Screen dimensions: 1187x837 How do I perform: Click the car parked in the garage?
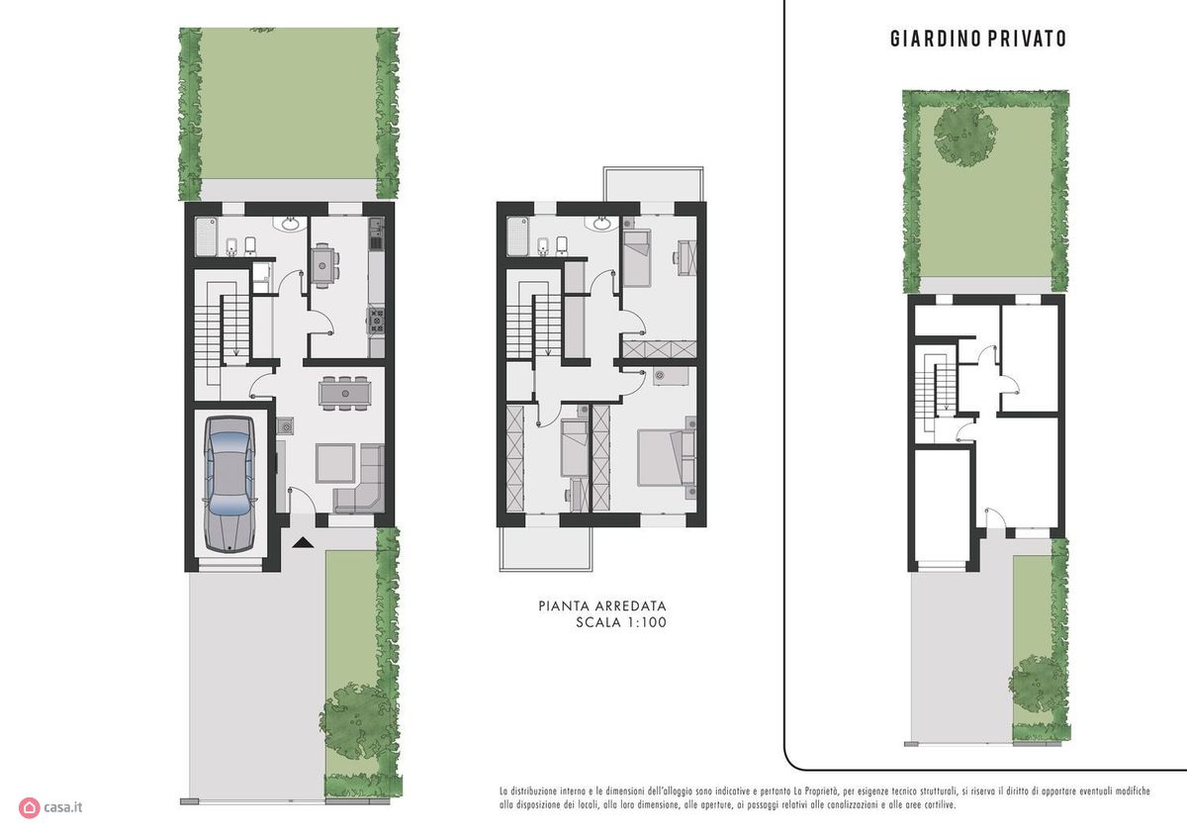point(229,484)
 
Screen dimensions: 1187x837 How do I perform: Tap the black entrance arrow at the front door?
point(304,542)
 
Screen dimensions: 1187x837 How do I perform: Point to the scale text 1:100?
point(647,622)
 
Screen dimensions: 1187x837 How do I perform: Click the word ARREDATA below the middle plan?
point(631,605)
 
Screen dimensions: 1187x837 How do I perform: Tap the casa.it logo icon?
point(29,808)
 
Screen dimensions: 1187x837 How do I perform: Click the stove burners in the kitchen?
point(377,321)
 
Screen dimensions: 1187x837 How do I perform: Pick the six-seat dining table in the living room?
point(344,394)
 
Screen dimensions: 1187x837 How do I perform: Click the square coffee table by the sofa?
point(335,463)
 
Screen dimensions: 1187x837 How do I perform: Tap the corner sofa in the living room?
point(361,481)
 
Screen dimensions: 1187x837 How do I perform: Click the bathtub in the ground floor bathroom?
point(206,236)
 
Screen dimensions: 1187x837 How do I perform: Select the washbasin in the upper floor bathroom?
point(602,224)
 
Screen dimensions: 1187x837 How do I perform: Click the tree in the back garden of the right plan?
point(965,136)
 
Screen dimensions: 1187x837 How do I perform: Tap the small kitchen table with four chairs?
point(324,265)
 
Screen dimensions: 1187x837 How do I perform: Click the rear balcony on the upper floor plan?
point(654,184)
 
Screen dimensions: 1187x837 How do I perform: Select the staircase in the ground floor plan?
point(222,328)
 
